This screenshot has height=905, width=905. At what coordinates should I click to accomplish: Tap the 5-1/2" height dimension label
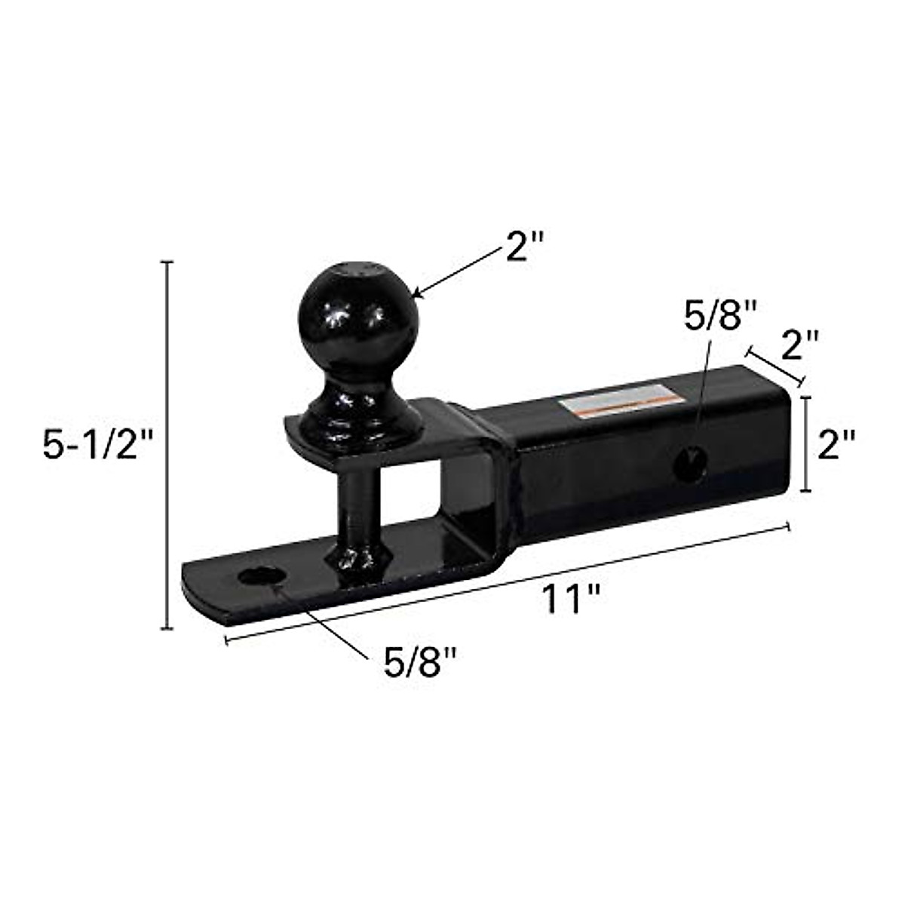coord(97,445)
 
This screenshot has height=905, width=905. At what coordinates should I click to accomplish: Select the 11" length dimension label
coord(571,600)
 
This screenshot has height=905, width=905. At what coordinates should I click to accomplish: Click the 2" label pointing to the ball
coord(525,247)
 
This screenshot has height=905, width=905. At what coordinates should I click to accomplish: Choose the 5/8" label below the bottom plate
coord(420,663)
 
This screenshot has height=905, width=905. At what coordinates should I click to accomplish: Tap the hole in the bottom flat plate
coord(261,576)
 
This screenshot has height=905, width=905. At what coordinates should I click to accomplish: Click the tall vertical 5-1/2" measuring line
coord(168,445)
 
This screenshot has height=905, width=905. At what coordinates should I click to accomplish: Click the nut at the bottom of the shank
coord(357,560)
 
